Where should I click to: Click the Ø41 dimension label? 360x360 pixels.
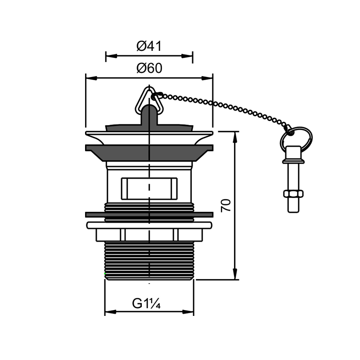[149, 46]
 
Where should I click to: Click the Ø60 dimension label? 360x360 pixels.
[149, 68]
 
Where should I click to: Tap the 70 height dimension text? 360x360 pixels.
[226, 206]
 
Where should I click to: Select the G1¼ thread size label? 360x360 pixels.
[146, 303]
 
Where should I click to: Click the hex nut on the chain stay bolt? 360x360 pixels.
[293, 194]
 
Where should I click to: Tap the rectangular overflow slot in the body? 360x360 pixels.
[149, 189]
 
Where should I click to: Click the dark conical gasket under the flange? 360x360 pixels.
[149, 153]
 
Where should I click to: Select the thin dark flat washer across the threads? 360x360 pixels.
[149, 215]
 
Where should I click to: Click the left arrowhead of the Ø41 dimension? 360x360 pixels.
[111, 56]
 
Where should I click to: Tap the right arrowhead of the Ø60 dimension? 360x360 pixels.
[207, 78]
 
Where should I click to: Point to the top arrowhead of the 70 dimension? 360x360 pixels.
[235, 137]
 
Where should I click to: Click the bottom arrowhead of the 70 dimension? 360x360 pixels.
[235, 274]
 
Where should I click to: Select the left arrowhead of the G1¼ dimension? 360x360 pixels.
[110, 312]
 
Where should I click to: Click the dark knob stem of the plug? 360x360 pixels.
[149, 115]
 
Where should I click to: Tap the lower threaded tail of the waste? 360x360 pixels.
[149, 261]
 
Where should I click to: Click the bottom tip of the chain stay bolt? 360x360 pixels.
[293, 212]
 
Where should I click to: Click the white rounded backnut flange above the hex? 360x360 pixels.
[149, 225]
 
